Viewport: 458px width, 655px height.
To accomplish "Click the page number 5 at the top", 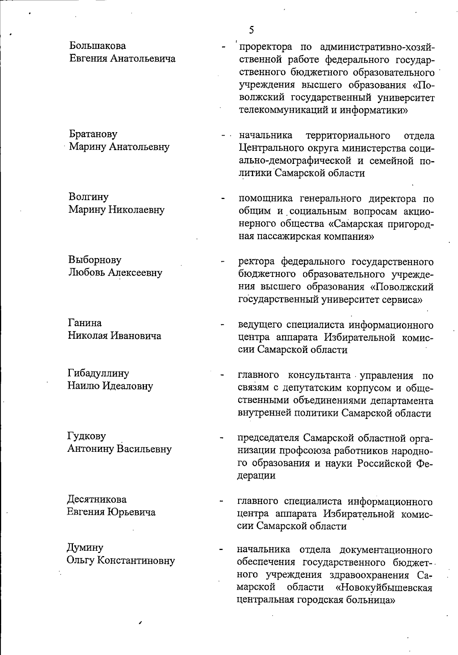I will (x=251, y=30).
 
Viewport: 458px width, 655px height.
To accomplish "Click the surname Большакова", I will (x=98, y=46).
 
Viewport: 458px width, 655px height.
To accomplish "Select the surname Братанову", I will (x=93, y=134).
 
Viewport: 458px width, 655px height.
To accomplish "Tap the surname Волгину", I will (x=89, y=197).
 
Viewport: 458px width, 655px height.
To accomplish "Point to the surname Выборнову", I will (x=95, y=260).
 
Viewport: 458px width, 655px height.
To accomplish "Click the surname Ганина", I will (x=85, y=323).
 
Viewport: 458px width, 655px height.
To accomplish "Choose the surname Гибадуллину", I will (x=98, y=373).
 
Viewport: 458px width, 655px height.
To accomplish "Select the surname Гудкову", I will (x=87, y=436).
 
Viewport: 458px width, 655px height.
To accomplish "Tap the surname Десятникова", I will (x=97, y=499).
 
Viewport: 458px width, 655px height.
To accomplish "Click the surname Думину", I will (x=85, y=548).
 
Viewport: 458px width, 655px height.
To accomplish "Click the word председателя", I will (x=269, y=437).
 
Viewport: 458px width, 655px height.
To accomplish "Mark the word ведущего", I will (x=260, y=325).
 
